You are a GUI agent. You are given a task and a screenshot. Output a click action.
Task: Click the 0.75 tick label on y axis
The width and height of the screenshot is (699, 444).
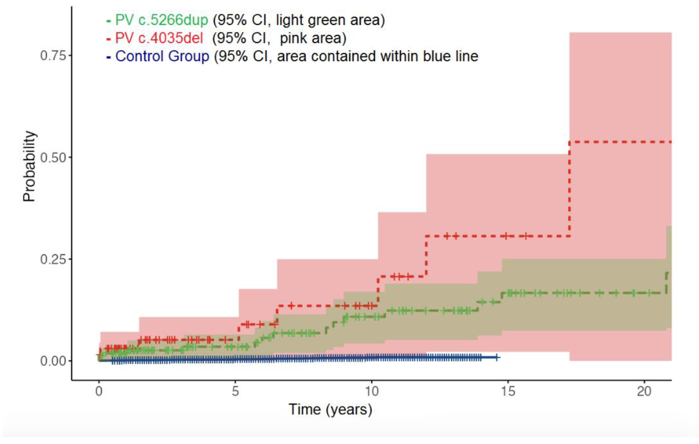pos(53,55)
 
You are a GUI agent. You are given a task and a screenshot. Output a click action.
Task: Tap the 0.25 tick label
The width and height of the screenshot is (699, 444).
pos(53,259)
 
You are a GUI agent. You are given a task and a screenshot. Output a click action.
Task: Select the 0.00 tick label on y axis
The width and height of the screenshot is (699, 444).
pos(53,361)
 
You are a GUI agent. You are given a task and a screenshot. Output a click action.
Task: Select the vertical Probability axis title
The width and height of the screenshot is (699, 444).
pos(29,166)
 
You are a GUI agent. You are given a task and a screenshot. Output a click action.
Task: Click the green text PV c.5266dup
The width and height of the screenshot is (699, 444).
pos(161,20)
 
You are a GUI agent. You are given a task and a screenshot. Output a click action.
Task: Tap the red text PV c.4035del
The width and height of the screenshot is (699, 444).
pos(159,38)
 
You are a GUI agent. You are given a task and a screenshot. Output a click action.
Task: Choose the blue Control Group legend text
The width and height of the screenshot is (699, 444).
pos(162,56)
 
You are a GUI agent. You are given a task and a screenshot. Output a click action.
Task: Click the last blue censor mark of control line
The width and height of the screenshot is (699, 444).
pos(497,357)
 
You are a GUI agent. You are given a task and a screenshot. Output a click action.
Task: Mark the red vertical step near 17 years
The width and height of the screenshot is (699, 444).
pos(570,188)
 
